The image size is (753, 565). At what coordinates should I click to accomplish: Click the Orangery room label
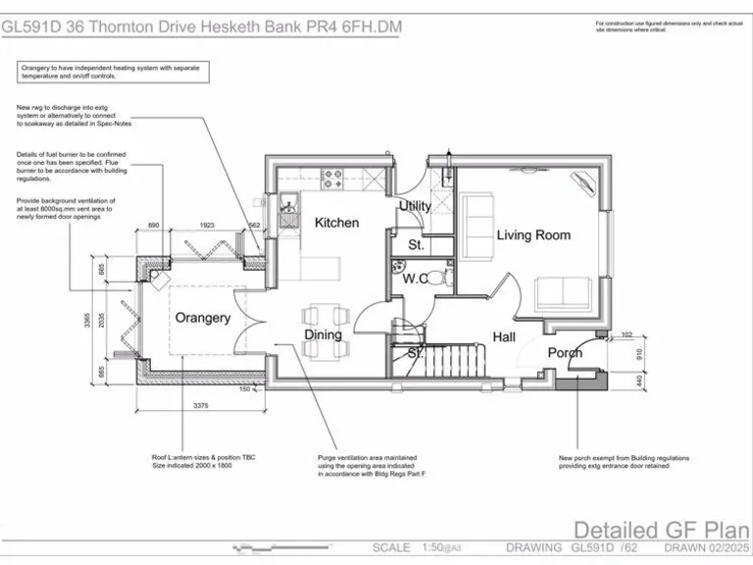click(203, 318)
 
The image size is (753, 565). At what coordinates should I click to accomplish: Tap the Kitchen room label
click(336, 223)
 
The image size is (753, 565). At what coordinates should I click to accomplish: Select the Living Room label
click(533, 235)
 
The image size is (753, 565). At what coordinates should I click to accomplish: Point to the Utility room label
click(415, 207)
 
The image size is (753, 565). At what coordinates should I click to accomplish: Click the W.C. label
click(416, 279)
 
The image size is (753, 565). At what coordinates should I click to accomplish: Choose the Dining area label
click(323, 334)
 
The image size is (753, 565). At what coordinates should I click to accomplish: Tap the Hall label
click(504, 337)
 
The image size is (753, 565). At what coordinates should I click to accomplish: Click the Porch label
click(565, 353)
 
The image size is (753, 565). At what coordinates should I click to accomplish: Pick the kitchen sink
click(288, 209)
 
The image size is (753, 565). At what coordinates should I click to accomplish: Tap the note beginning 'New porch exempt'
click(625, 462)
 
